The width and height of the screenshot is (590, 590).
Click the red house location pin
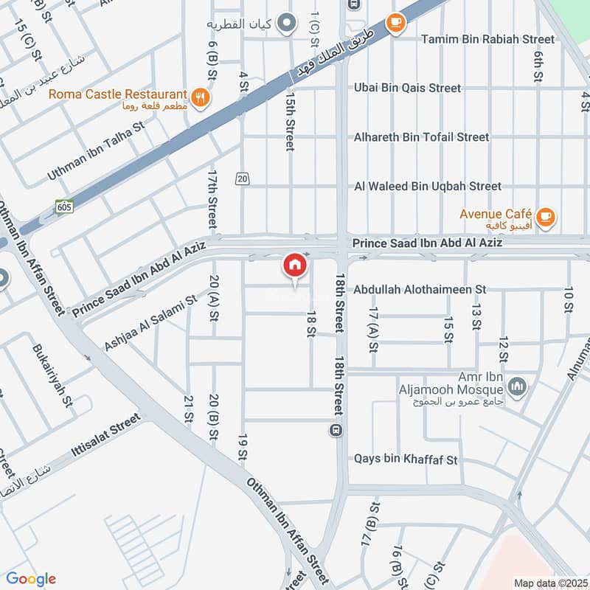[294, 266]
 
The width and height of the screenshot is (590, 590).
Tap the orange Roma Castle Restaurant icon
[198, 97]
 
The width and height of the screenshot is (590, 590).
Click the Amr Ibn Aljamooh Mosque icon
[518, 386]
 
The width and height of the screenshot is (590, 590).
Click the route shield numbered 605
[64, 207]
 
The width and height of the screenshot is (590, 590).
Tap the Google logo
[31, 579]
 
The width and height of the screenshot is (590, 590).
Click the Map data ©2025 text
[549, 583]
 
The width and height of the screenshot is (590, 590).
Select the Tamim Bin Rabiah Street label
[487, 39]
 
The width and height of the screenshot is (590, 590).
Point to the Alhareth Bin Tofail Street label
[421, 137]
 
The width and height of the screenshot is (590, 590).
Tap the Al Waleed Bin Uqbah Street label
[428, 187]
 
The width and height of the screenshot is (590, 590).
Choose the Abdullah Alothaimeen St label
[420, 290]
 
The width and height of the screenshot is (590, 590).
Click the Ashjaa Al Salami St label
[151, 322]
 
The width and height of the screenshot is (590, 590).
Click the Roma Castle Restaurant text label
[118, 94]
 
